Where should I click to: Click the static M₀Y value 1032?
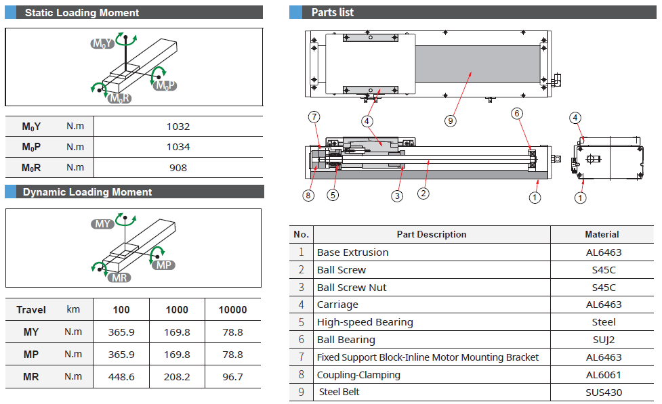pos(178,127)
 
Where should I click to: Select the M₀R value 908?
pos(178,168)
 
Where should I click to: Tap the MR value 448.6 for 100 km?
pos(121,377)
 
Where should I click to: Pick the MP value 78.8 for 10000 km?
pos(232,355)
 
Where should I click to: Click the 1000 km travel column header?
pos(177,310)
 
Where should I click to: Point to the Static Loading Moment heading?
pos(82,13)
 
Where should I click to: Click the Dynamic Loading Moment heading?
pos(87,192)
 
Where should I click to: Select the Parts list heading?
pos(332,13)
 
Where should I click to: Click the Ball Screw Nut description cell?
pos(352,288)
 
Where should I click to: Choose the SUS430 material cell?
pos(602,392)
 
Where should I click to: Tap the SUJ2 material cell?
pos(602,340)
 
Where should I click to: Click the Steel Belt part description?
pos(339,392)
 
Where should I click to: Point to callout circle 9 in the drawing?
pos(451,121)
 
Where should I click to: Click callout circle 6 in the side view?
pos(517,114)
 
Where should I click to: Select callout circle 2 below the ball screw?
pos(423,194)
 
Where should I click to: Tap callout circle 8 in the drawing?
pos(309,196)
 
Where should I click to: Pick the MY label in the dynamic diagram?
pos(103,224)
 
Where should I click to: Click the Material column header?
pos(602,234)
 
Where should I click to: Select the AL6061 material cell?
pos(602,375)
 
